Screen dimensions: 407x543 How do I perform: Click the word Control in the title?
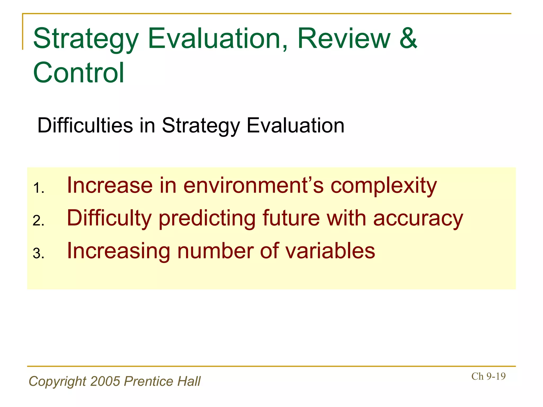pyautogui.click(x=79, y=73)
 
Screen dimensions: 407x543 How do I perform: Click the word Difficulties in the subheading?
pyautogui.click(x=85, y=125)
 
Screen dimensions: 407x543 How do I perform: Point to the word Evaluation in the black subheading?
pyautogui.click(x=295, y=125)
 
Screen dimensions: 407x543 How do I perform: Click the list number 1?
pyautogui.click(x=38, y=188)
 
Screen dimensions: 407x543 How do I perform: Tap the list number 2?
pyautogui.click(x=38, y=221)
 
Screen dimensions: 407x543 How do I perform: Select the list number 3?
pyautogui.click(x=38, y=254)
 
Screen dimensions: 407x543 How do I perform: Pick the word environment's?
pyautogui.click(x=253, y=185)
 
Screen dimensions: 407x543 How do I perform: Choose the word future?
pyautogui.click(x=291, y=218)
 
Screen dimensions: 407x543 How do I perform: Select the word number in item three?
pyautogui.click(x=215, y=251)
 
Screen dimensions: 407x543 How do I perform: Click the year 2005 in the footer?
pyautogui.click(x=105, y=381)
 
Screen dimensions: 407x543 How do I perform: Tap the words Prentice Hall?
pyautogui.click(x=162, y=381)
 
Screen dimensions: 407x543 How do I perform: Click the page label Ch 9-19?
pyautogui.click(x=488, y=376)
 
